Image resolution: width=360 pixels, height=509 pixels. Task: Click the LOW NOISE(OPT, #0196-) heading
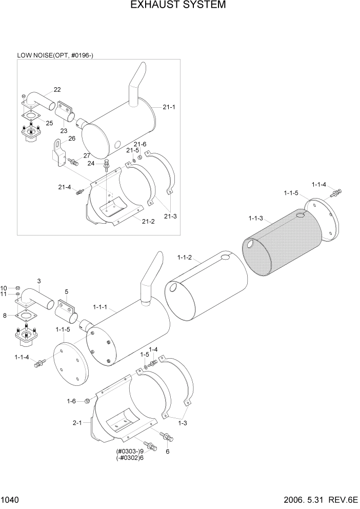pos(55,55)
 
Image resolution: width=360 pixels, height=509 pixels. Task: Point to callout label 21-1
pos(169,107)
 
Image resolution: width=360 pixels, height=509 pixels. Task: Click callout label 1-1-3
pos(255,219)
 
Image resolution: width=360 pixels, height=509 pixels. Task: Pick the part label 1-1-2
pos(184,258)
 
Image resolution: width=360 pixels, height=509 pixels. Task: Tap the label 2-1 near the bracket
pos(78,423)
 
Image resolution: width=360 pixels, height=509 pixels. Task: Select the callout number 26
pos(71,138)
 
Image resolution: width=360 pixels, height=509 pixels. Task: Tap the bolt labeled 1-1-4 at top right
pos(336,194)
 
